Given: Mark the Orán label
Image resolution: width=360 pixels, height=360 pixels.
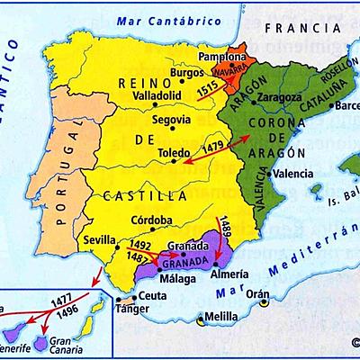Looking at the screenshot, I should (259, 293).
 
